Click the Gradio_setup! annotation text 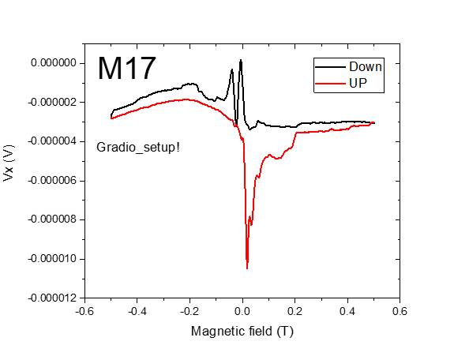coord(138,147)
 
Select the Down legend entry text coord(365,67)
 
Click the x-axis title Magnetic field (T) coord(242,331)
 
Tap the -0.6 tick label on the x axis coord(84,311)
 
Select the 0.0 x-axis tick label coord(242,311)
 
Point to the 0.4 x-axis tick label coord(347,311)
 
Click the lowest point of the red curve coord(247,268)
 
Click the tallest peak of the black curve coord(241,59)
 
